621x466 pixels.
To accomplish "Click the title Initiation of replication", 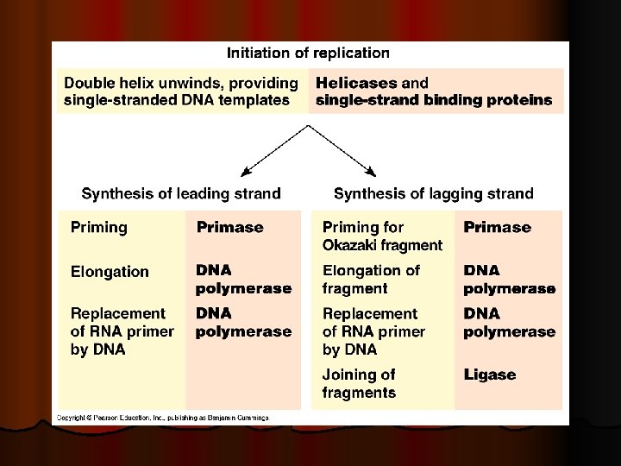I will (308, 53).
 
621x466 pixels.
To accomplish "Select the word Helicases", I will (356, 83).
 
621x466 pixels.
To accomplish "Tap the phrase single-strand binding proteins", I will (434, 100).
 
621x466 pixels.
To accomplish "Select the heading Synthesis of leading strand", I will (181, 193).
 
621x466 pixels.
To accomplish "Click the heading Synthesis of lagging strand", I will (434, 193).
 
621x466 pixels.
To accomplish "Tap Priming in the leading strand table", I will (98, 228).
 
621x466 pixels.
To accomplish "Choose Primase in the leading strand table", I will (229, 228).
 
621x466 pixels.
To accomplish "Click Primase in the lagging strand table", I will (498, 228).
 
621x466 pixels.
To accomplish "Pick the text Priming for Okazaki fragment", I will (382, 236).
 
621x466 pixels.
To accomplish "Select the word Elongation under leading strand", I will (110, 272).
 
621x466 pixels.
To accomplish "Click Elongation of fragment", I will (371, 280).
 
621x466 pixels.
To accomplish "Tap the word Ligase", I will (490, 375).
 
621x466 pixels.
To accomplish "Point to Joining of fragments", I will (359, 384).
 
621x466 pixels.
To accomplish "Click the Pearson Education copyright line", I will (163, 418).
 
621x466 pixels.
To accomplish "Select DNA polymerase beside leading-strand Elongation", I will (243, 280).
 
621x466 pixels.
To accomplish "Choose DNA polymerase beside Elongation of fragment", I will (509, 280).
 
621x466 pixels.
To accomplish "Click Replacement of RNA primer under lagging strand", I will (373, 331).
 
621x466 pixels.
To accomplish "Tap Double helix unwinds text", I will (181, 91).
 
